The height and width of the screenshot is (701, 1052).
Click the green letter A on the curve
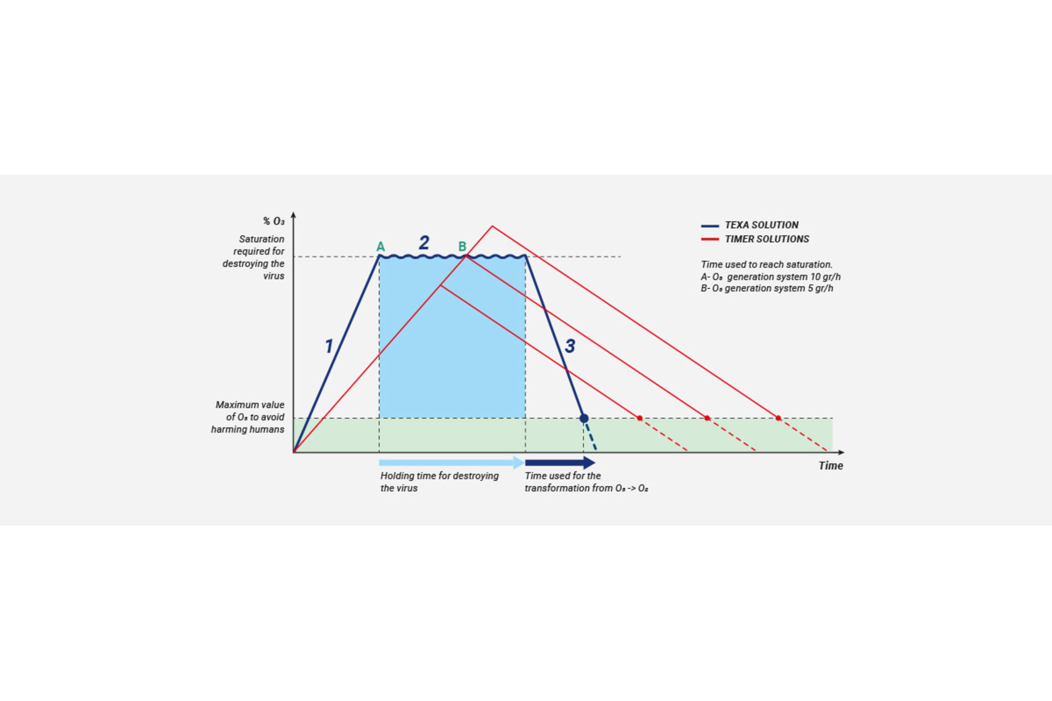pyautogui.click(x=380, y=247)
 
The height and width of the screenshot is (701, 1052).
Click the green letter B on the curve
pyautogui.click(x=462, y=247)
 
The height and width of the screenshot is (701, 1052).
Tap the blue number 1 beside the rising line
pyautogui.click(x=329, y=346)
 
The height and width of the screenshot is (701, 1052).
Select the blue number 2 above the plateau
pyautogui.click(x=424, y=242)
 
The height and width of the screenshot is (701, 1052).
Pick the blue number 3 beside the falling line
pyautogui.click(x=570, y=346)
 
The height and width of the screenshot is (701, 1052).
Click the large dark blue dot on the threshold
pyautogui.click(x=584, y=418)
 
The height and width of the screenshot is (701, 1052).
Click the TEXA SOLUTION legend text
pyautogui.click(x=762, y=225)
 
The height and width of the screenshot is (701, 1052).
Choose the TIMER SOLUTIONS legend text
pyautogui.click(x=767, y=239)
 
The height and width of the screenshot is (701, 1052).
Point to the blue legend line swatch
pyautogui.click(x=710, y=225)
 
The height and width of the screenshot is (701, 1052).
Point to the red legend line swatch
pyautogui.click(x=710, y=240)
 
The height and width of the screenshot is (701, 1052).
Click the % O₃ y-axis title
pyautogui.click(x=273, y=221)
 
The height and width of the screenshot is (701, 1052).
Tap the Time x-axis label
pyautogui.click(x=831, y=465)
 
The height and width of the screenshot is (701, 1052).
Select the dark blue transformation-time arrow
pyautogui.click(x=559, y=463)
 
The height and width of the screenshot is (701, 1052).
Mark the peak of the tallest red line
pyautogui.click(x=492, y=226)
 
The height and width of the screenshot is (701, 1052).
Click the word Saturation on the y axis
pyautogui.click(x=261, y=239)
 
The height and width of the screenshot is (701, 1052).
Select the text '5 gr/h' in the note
pyautogui.click(x=820, y=288)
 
